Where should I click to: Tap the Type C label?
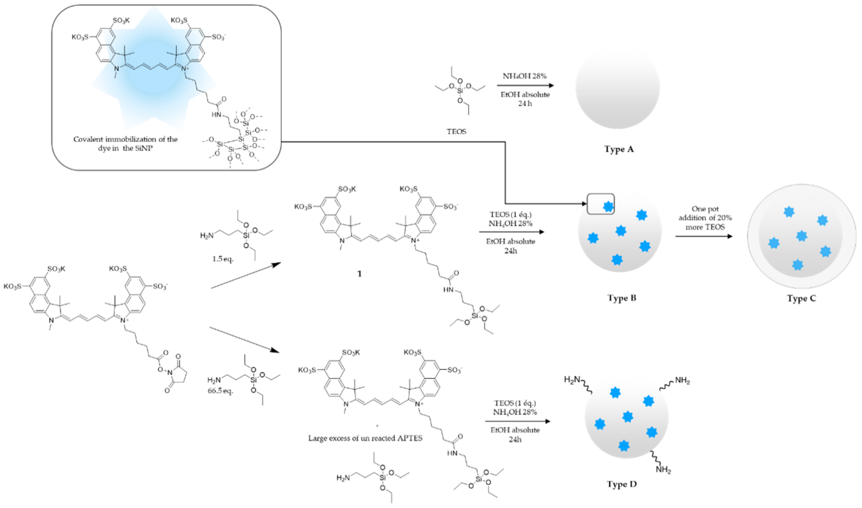[801, 299]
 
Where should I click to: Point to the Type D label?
[621, 484]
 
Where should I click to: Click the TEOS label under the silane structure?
[456, 132]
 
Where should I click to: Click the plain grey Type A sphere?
[618, 87]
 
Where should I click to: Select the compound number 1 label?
[359, 274]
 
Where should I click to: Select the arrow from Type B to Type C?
[703, 236]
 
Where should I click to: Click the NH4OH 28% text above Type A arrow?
[524, 76]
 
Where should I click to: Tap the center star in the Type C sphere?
[801, 236]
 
